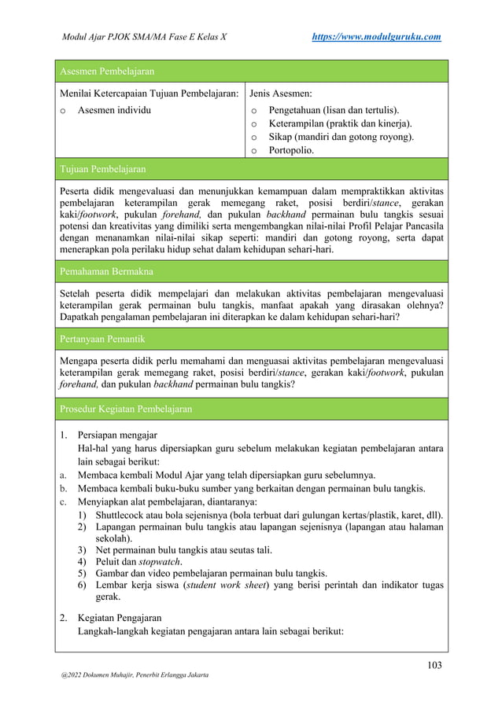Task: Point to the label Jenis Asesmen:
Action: pos(281,94)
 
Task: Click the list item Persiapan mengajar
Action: pos(116,435)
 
